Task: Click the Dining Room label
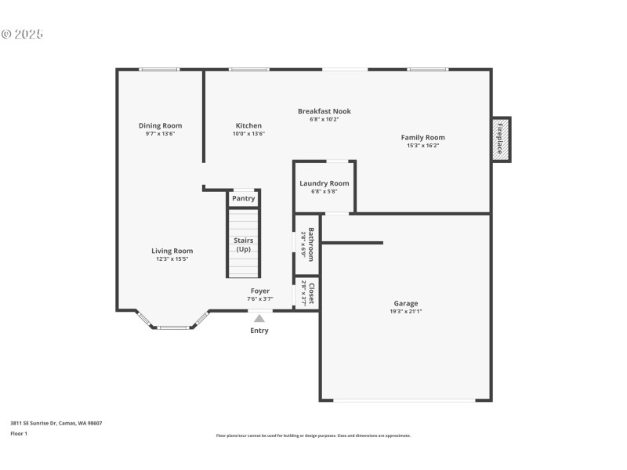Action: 160,125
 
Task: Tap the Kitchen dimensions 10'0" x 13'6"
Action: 248,134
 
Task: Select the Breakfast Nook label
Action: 324,111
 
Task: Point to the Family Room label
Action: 422,137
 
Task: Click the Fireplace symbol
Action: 500,140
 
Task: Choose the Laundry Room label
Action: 324,183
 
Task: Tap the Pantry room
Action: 244,198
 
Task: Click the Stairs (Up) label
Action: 244,244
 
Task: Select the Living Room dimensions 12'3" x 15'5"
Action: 172,259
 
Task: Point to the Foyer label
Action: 259,291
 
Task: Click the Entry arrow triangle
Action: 259,318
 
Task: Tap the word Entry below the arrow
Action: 259,331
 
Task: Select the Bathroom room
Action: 308,244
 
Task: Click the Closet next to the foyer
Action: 308,293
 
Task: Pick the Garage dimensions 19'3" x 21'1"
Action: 406,312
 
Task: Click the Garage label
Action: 406,303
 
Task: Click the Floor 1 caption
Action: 19,433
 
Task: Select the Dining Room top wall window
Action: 160,70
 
